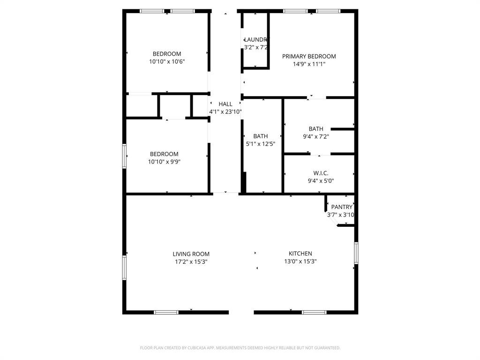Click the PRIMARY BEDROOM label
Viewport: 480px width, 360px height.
pyautogui.click(x=309, y=56)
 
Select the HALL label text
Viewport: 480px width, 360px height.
pyautogui.click(x=225, y=104)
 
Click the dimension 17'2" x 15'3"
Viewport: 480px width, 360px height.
pyautogui.click(x=191, y=262)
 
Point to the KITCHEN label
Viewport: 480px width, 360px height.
pyautogui.click(x=300, y=254)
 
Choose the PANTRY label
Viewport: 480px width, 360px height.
pyautogui.click(x=342, y=207)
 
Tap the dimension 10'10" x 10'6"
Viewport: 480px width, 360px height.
pyautogui.click(x=166, y=61)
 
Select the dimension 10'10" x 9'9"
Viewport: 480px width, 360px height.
pyautogui.click(x=164, y=162)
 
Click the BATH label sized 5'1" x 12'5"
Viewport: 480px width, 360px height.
pyautogui.click(x=261, y=136)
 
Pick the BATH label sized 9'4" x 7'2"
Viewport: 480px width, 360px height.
pyautogui.click(x=316, y=129)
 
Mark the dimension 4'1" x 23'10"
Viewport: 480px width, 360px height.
pyautogui.click(x=225, y=112)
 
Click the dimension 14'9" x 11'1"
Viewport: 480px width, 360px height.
pyautogui.click(x=309, y=64)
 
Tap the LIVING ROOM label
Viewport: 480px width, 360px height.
pyautogui.click(x=191, y=254)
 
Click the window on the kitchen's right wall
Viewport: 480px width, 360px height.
pyautogui.click(x=356, y=253)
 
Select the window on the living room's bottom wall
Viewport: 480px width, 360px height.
pyautogui.click(x=166, y=312)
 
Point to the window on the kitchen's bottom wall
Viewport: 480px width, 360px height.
pyautogui.click(x=314, y=312)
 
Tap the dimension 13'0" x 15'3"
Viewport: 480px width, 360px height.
pyautogui.click(x=300, y=262)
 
